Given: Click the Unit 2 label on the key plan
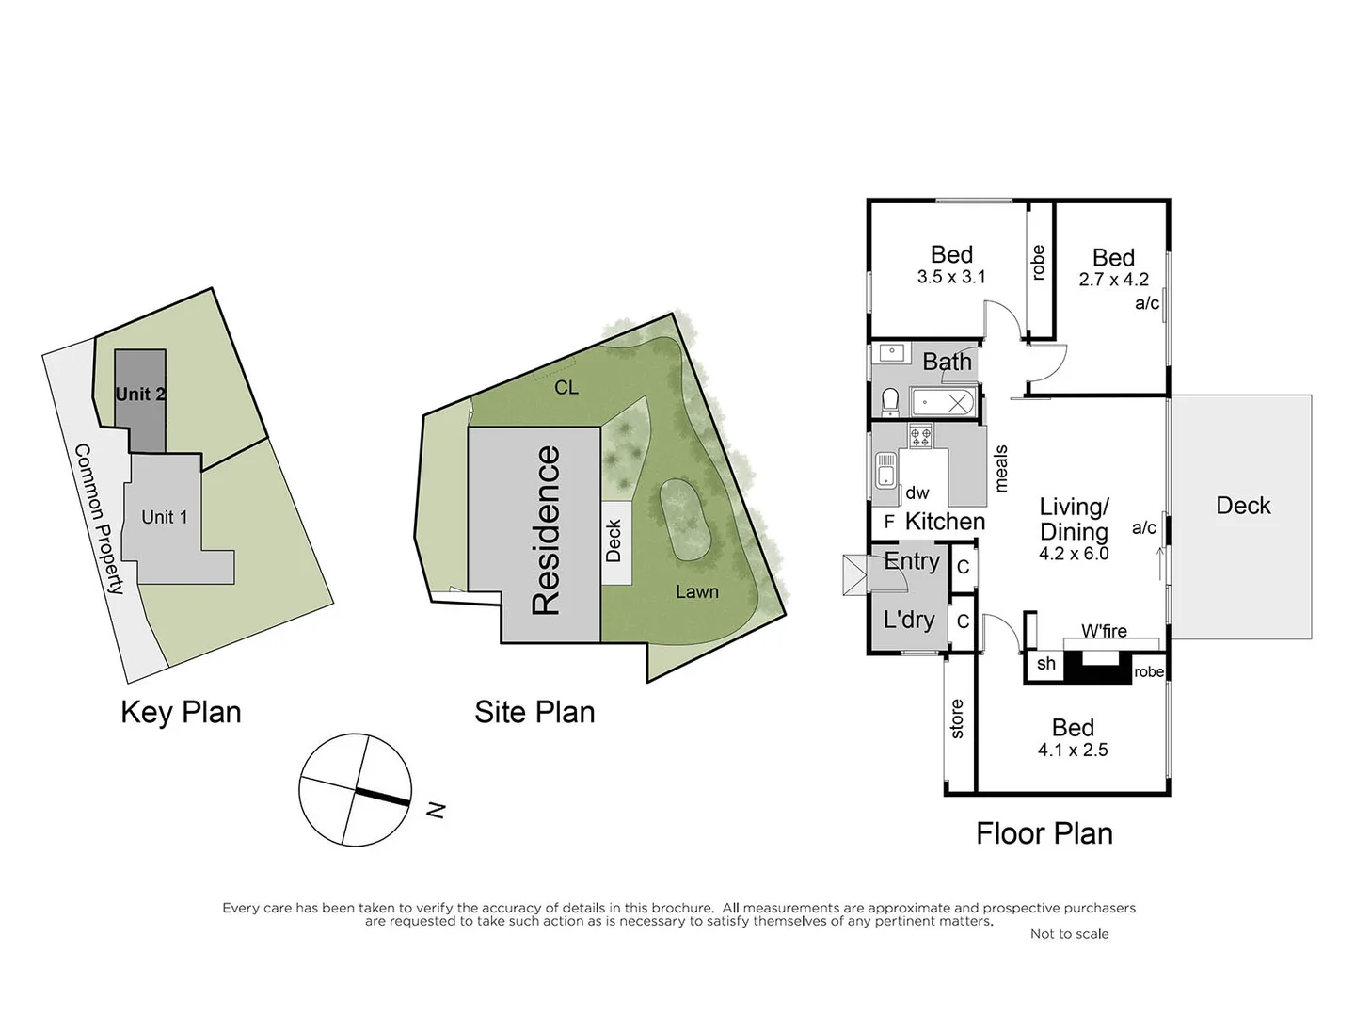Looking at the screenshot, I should [140, 394].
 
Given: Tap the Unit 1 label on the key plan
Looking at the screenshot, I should [165, 517].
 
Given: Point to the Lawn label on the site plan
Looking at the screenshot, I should [696, 591].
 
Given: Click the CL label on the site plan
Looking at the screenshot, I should [566, 387].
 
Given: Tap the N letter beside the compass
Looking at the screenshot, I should [435, 809].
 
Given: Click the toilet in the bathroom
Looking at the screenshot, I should [889, 402].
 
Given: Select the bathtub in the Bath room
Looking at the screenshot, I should [942, 403].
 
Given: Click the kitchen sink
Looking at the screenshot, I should [885, 469].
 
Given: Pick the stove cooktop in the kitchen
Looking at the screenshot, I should [919, 436].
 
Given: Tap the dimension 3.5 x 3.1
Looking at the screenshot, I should [951, 277].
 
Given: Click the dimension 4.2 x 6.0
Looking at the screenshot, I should [1074, 554].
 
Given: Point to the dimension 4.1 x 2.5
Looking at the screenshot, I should [1073, 750].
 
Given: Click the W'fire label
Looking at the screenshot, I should [1104, 631].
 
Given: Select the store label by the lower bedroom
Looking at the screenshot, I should [957, 718].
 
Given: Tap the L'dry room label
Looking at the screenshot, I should [908, 620].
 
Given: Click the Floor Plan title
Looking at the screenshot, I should [1044, 833].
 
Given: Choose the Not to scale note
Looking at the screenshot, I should [1069, 933].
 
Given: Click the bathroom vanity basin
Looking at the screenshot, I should [890, 353].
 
